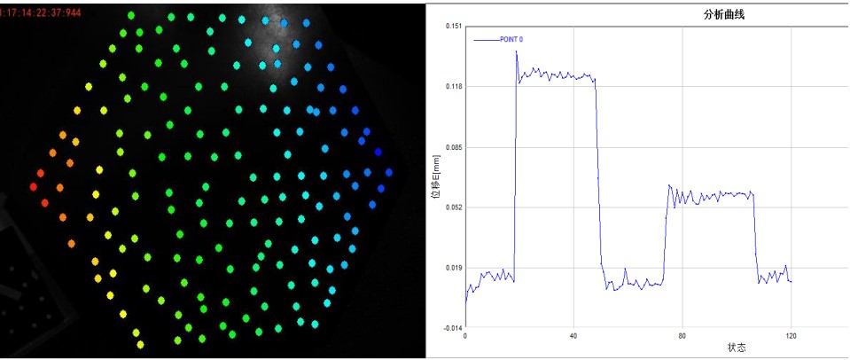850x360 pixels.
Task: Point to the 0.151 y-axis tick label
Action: [451, 26]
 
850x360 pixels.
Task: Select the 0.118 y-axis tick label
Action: [451, 86]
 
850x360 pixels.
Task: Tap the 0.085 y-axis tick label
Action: [451, 146]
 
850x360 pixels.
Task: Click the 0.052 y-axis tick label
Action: [451, 207]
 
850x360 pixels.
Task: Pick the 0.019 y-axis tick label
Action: [451, 267]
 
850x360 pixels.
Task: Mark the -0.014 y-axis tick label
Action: [450, 327]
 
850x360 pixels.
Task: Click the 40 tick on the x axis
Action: [573, 336]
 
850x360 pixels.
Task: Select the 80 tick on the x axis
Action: [682, 336]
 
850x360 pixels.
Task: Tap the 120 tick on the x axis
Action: [791, 336]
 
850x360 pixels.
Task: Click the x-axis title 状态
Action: [737, 348]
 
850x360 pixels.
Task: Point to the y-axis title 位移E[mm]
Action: [435, 176]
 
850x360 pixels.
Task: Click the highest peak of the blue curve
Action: [516, 51]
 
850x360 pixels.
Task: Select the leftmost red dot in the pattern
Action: [33, 187]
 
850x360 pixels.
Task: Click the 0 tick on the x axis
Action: [465, 336]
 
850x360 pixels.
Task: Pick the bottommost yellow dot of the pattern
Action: [140, 345]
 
